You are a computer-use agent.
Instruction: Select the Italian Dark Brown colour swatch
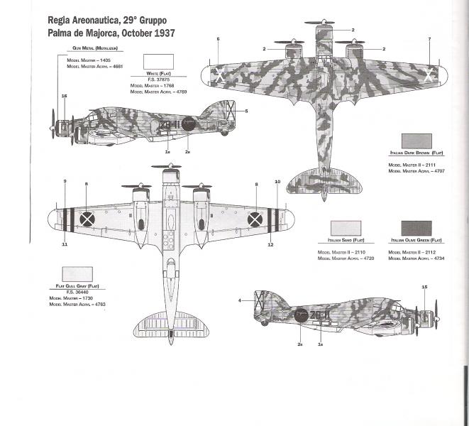coord(416,140)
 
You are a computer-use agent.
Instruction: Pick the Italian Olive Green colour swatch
coord(416,229)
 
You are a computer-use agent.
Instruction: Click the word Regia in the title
coord(62,20)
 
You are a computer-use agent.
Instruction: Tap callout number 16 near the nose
coord(64,96)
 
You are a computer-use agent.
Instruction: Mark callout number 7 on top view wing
coord(430,38)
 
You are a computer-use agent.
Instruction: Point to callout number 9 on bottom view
coord(65,182)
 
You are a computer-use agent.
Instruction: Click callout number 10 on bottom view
coord(277,182)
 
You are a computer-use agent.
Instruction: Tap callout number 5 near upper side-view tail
coord(246,111)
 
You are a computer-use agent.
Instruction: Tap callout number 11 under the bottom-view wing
coord(65,244)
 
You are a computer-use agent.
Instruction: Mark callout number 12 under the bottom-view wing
coord(270,244)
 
